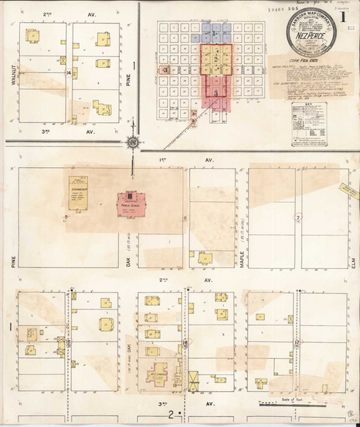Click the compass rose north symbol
(x=132, y=142)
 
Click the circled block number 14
(x=68, y=73)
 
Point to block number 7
(x=298, y=215)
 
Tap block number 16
(x=185, y=343)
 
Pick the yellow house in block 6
(x=205, y=258)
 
